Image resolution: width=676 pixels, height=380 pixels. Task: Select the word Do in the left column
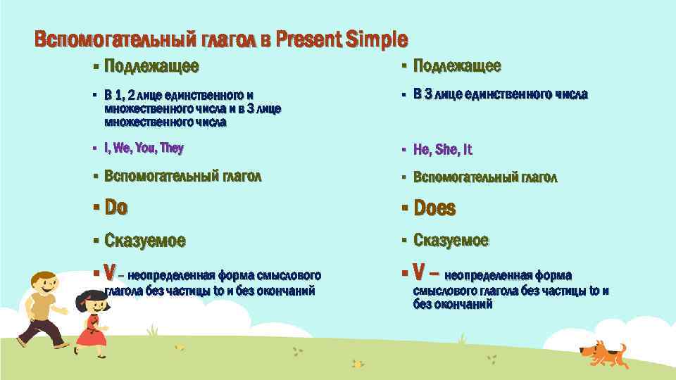(x=116, y=208)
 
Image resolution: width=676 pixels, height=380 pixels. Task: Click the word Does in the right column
(x=434, y=208)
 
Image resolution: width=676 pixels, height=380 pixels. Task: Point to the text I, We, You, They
(x=144, y=148)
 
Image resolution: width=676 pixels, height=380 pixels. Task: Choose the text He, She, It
(x=443, y=149)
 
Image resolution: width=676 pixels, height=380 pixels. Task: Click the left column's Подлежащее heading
(x=151, y=67)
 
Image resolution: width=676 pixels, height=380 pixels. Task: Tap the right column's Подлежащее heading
(x=457, y=66)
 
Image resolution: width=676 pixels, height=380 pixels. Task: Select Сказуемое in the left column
(x=145, y=241)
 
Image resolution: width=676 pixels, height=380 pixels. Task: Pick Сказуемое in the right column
(x=451, y=241)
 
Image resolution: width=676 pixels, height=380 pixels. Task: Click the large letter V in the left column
(x=110, y=272)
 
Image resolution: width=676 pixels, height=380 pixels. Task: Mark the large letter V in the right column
(x=419, y=272)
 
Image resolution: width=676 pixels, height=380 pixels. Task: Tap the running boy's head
(x=43, y=284)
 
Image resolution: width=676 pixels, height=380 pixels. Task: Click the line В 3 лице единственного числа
(x=500, y=94)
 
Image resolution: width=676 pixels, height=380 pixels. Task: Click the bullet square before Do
(x=96, y=208)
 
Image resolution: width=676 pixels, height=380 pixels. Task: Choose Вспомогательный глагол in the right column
(x=485, y=177)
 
